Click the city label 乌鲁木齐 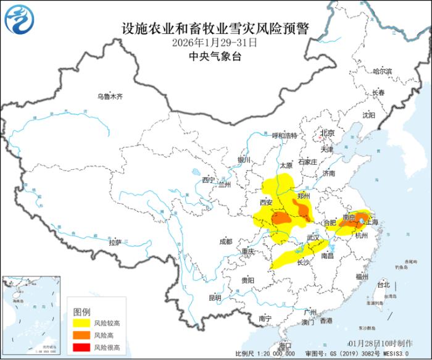(x=110, y=96)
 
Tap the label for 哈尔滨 (x=383, y=71)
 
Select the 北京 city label (x=326, y=133)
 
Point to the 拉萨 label (x=115, y=243)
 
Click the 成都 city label (x=225, y=241)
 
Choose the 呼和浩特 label (x=285, y=135)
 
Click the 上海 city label (x=372, y=220)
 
